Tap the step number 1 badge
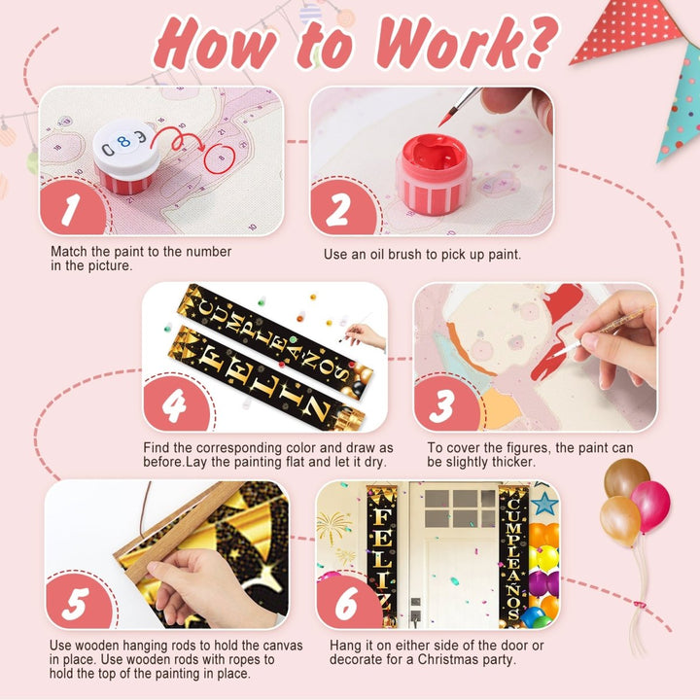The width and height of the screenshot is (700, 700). point(72,208)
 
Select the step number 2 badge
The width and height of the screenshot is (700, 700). point(342,208)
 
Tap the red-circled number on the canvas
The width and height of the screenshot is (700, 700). point(220,158)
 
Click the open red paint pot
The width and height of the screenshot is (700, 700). point(434,174)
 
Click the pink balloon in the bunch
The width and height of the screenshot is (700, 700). point(650,506)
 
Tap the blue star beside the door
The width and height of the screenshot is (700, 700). point(544,504)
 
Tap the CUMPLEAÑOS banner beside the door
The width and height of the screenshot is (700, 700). point(513,557)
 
